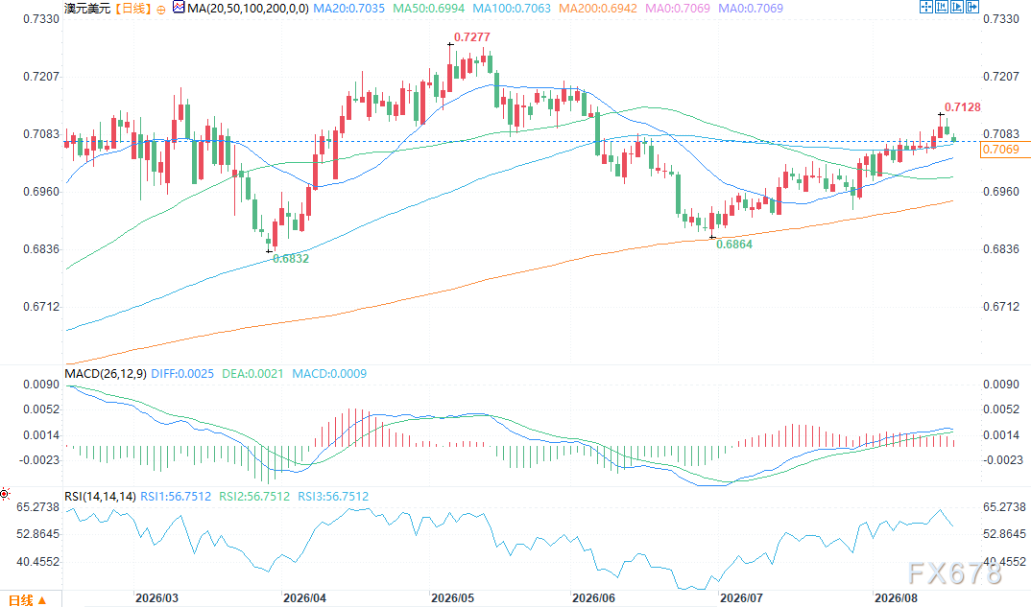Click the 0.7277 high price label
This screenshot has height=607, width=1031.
[471, 36]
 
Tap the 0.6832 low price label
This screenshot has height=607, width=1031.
[291, 259]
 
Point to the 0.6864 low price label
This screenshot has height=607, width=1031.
[733, 245]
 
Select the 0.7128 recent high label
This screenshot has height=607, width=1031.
[962, 107]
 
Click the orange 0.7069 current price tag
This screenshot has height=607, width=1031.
[1000, 150]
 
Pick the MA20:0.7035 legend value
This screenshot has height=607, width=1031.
[348, 9]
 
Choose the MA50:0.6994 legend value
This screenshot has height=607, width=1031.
[428, 9]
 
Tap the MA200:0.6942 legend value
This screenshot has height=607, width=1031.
[598, 9]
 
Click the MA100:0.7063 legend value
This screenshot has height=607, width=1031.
[512, 9]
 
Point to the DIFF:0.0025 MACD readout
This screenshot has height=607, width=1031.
[182, 374]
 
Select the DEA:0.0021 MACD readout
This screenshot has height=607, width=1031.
[252, 374]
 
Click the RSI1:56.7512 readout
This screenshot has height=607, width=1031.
[176, 497]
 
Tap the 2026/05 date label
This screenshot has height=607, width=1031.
[452, 597]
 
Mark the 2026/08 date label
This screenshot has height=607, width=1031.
[896, 597]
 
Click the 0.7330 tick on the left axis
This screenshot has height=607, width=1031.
[41, 19]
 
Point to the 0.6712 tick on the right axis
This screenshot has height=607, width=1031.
[1000, 307]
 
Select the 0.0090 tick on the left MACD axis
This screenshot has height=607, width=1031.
[41, 385]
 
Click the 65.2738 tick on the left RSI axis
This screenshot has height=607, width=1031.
[38, 507]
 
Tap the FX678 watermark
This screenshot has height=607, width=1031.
[955, 573]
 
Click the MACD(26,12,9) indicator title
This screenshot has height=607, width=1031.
[106, 374]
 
